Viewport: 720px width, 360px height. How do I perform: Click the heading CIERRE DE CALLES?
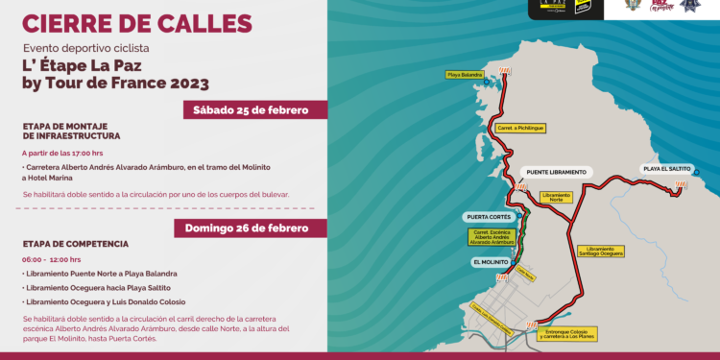click(x=137, y=22)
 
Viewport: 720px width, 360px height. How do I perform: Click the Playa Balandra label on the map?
click(x=464, y=74)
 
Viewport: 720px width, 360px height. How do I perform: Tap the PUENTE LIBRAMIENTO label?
click(x=555, y=172)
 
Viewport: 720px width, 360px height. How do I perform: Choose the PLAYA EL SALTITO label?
click(x=666, y=169)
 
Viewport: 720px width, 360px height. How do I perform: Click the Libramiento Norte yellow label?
click(x=557, y=197)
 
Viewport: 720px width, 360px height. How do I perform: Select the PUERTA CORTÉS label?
click(x=488, y=217)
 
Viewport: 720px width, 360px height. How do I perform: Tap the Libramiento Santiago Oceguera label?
click(x=602, y=252)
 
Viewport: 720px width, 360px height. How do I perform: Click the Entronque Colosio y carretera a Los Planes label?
click(x=571, y=335)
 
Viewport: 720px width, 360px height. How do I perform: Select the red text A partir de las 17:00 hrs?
click(x=62, y=153)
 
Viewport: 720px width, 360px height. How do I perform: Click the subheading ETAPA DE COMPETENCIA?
click(x=75, y=244)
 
